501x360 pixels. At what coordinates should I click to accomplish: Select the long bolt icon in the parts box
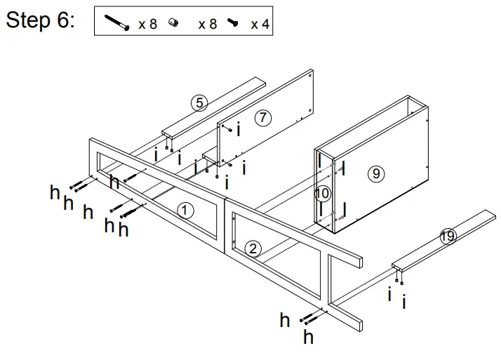[117, 23]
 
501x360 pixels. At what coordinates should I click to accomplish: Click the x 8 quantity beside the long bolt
[147, 25]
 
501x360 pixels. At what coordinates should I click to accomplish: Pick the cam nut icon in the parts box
[173, 23]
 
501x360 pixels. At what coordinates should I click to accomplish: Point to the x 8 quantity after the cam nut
[207, 25]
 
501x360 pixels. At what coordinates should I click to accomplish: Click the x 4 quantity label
[260, 25]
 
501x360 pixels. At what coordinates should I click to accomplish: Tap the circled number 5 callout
[199, 103]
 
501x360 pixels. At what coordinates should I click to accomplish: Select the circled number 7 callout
[262, 118]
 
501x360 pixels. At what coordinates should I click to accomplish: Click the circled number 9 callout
[377, 173]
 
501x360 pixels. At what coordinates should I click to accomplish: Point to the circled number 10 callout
[323, 192]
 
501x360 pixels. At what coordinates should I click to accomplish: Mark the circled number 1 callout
[184, 210]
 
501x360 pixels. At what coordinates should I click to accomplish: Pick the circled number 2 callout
[253, 247]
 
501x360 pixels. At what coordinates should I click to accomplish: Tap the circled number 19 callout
[447, 236]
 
